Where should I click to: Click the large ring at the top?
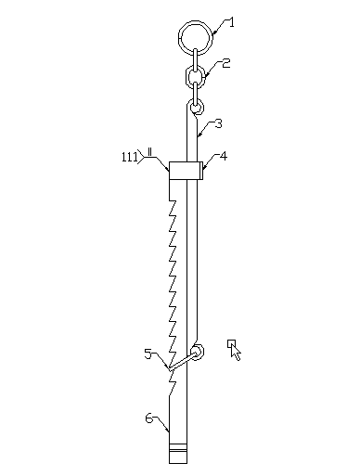(180, 38)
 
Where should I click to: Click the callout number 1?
(231, 22)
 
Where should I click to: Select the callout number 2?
(226, 63)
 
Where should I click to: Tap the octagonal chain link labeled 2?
(186, 76)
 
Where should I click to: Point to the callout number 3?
(219, 123)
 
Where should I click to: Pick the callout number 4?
(224, 156)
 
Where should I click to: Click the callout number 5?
(148, 354)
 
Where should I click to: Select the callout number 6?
(149, 418)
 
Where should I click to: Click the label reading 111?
(130, 157)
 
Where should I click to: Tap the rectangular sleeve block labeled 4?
(186, 171)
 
